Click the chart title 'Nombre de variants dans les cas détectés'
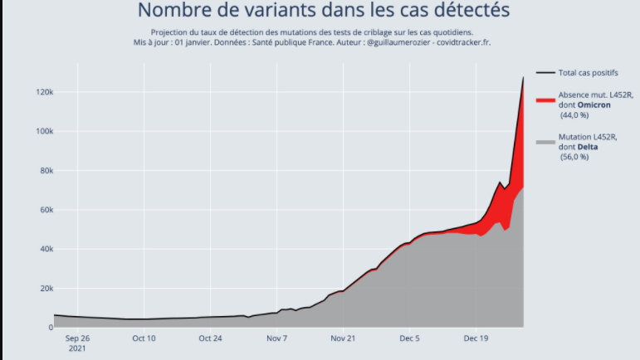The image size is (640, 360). pos(323,11)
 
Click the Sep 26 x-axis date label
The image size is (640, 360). pos(76,338)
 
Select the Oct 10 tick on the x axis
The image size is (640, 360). pos(144,338)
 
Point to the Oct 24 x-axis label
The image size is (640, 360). pos(211,338)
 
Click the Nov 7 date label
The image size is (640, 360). pos(277,338)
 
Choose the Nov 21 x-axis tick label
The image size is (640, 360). pos(344,338)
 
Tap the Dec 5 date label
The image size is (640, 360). pos(410,338)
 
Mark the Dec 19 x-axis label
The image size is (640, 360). pos(476,338)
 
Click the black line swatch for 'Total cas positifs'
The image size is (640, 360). pos(545,73)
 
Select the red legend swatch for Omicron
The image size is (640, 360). pos(545,100)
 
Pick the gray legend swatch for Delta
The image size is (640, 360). pos(545,142)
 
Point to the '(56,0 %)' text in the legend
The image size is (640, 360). pos(574,157)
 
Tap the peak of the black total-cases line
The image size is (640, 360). pos(523,77)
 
